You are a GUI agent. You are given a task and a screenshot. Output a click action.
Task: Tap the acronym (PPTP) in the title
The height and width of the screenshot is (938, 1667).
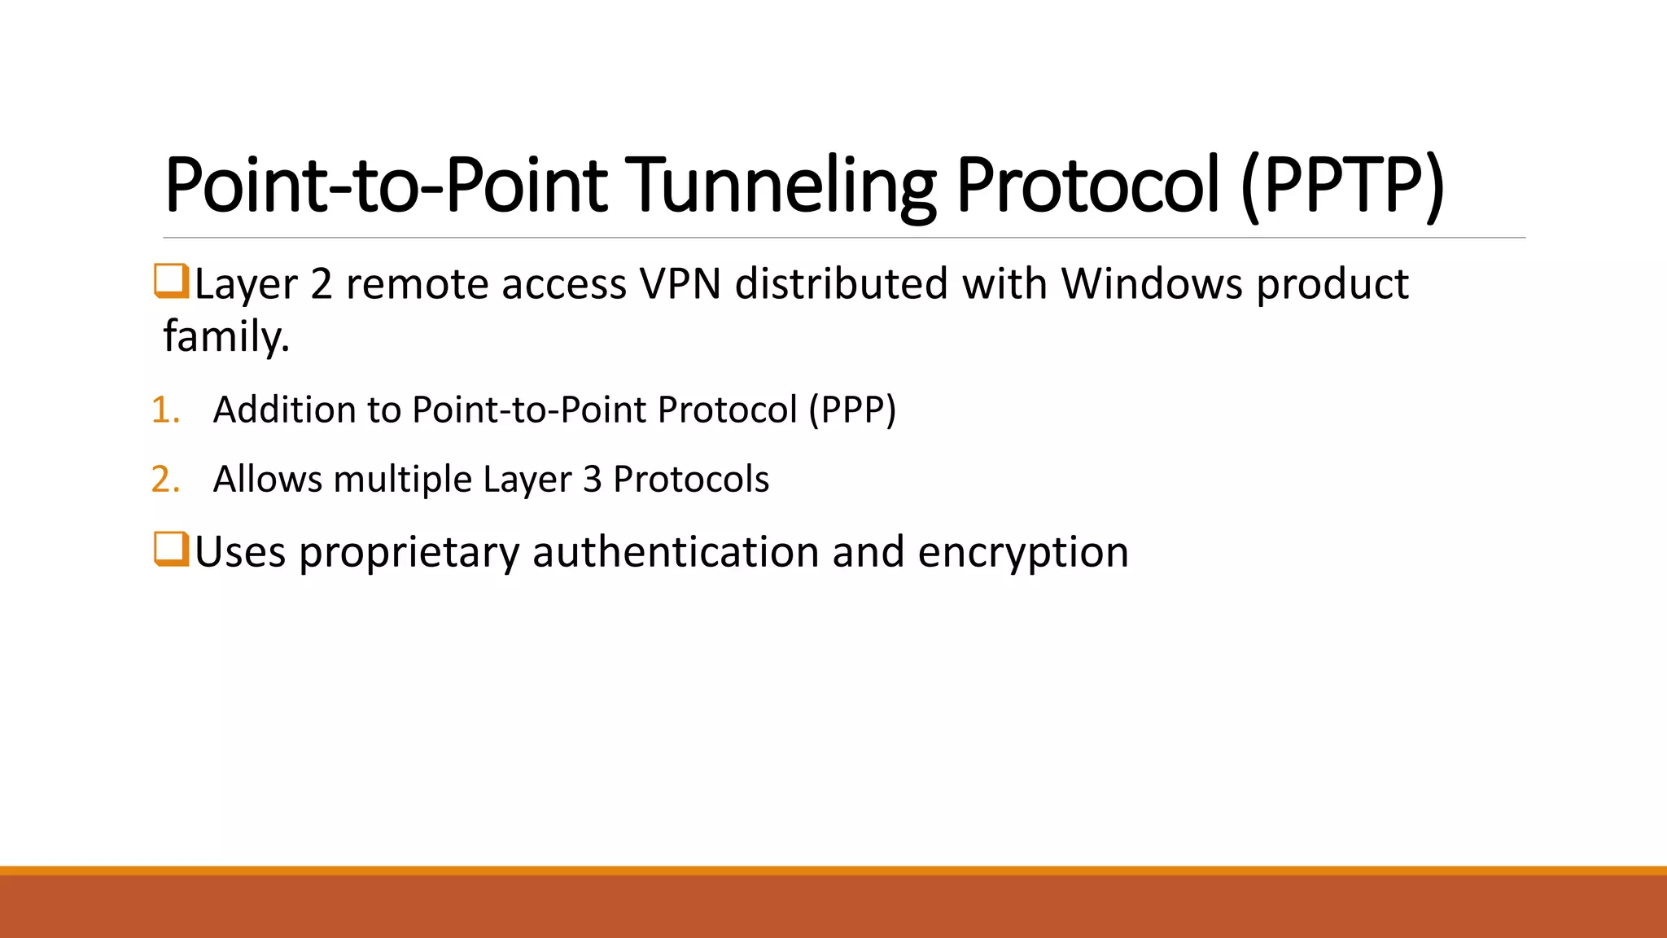[x=1343, y=185]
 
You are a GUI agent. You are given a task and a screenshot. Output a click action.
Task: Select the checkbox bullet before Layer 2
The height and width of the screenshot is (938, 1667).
[x=171, y=281]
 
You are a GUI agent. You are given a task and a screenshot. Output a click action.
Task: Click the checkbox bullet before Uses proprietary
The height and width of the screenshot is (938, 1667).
[x=171, y=549]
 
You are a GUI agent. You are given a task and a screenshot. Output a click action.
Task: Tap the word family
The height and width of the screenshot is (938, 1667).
[x=226, y=336]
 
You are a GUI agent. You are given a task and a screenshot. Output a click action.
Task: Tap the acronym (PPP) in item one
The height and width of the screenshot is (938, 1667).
[x=852, y=410]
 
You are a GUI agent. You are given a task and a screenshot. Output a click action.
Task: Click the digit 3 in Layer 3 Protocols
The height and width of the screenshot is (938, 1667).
[x=593, y=480]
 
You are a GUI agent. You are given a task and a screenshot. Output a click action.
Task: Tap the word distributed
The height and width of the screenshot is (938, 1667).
[x=841, y=284]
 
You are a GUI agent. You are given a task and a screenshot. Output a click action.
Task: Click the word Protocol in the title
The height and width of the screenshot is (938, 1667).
[x=1087, y=185]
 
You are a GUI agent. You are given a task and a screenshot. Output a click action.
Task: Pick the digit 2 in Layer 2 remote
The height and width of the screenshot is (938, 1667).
[x=322, y=285]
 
